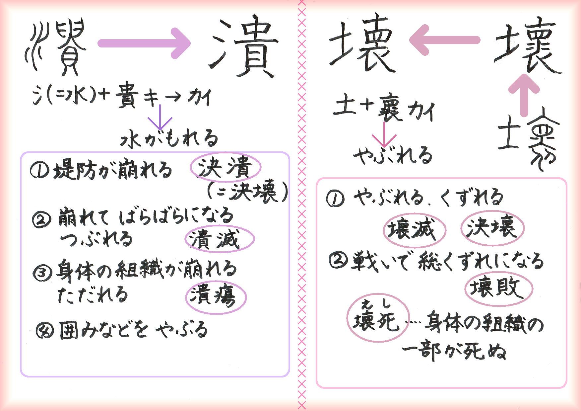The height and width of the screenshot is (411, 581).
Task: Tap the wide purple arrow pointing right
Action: point(145,43)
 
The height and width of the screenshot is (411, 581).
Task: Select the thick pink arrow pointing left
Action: point(444,40)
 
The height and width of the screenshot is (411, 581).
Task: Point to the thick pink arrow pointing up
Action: point(524,95)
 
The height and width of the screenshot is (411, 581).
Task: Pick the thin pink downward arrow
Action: point(384,135)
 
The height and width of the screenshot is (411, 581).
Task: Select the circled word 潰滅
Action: point(220,239)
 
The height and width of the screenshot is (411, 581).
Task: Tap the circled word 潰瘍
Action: point(216,297)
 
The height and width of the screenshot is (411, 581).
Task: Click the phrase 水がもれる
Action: point(169,138)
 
